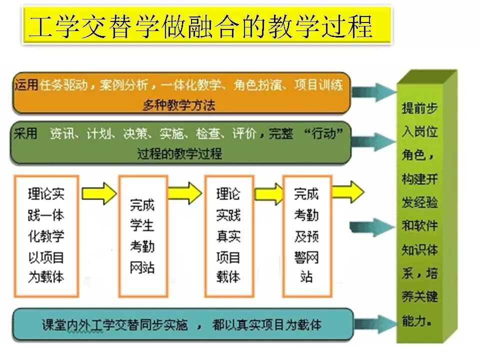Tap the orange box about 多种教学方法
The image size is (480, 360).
pos(180,93)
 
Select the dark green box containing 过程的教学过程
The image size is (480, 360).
pos(180,143)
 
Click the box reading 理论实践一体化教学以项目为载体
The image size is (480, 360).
pos(46,235)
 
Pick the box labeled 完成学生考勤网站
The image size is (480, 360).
pos(142,235)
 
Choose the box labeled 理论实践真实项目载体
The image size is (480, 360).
pos(228,235)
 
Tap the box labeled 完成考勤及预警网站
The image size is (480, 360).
pos(307,235)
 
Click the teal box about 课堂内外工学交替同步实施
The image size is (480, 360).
pos(182,325)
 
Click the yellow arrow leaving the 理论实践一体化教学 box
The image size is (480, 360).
pos(98,193)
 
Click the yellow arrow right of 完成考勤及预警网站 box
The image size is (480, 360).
pos(348,192)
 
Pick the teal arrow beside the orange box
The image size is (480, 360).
pos(373,92)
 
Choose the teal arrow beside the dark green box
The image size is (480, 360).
pos(373,141)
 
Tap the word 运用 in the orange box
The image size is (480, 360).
pos(26,85)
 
